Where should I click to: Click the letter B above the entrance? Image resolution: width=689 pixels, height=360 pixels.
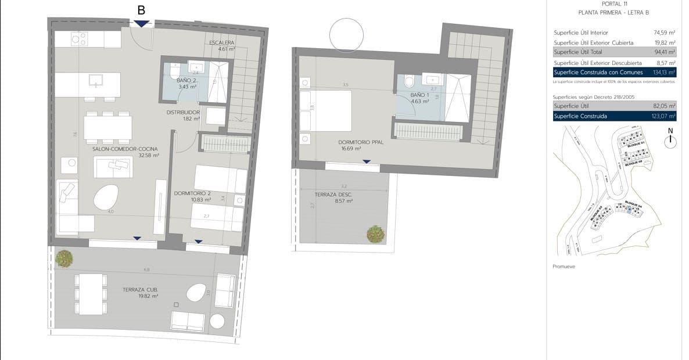click(141, 10)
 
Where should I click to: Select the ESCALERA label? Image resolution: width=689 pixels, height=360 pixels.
click(223, 43)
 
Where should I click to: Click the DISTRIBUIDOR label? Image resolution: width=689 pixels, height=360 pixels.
click(183, 112)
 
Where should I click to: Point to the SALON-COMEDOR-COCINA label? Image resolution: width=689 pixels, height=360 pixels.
click(125, 149)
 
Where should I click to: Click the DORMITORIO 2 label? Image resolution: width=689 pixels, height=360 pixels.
click(192, 193)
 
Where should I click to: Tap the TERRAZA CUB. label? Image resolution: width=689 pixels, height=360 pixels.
click(140, 289)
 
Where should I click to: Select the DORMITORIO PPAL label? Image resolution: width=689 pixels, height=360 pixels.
click(361, 142)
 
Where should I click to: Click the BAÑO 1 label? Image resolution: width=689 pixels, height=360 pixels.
click(419, 95)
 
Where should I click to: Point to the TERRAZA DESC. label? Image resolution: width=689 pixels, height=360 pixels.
click(333, 195)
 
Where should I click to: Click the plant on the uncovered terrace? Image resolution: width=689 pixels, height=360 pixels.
click(376, 233)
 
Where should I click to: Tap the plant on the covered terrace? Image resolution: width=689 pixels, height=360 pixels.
click(64, 258)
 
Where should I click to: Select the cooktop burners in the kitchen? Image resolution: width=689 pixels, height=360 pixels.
click(78, 39)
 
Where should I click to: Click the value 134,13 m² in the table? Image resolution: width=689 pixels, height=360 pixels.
click(663, 73)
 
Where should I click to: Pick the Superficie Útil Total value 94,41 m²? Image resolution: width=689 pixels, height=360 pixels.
click(665, 52)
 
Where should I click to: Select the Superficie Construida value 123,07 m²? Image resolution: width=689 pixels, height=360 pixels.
click(663, 116)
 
